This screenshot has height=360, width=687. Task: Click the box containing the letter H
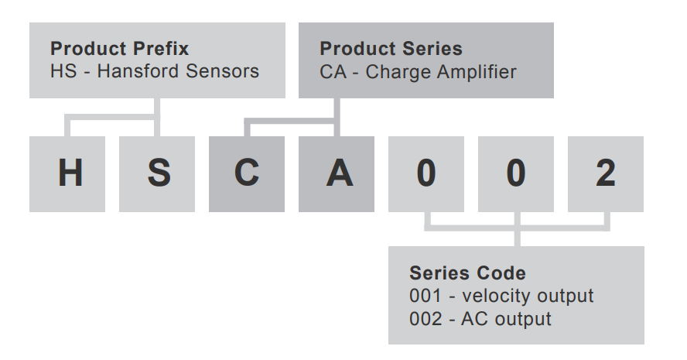click(x=67, y=174)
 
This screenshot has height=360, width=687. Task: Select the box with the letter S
click(x=157, y=174)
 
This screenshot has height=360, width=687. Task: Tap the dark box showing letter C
click(x=247, y=174)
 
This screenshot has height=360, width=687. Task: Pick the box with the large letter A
click(x=337, y=174)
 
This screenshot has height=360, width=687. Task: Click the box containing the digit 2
click(x=606, y=174)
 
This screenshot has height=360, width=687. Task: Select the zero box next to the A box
click(x=426, y=174)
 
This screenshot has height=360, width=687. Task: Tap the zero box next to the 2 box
click(x=516, y=174)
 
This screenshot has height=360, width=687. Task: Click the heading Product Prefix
click(x=120, y=49)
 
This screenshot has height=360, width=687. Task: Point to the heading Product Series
click(x=391, y=49)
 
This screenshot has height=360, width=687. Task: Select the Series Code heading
click(x=467, y=273)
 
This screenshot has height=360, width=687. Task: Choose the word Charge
click(x=398, y=72)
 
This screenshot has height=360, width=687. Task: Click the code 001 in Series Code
click(x=426, y=296)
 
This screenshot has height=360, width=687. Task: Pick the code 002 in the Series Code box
click(x=426, y=319)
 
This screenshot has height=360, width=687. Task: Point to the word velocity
click(x=496, y=297)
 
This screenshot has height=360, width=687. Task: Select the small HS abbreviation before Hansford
click(x=63, y=71)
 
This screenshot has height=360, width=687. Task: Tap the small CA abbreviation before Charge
click(x=333, y=72)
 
